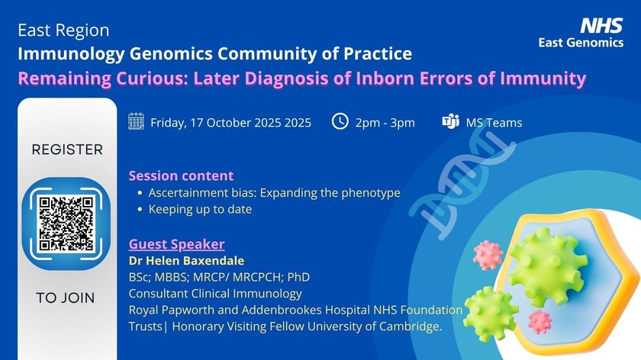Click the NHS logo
coord(601,25)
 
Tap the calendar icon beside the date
coord(136,121)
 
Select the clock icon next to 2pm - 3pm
coord(340,121)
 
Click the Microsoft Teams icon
coord(450,121)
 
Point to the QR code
coord(66,223)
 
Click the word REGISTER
coord(67,149)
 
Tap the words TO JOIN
coord(66,298)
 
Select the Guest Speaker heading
coord(176,244)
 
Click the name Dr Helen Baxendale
coord(186,261)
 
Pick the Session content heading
coord(181,175)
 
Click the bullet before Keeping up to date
coord(140,209)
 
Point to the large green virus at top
coord(548,266)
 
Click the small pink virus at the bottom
coord(540,322)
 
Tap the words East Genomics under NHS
coord(581,43)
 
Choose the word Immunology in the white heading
coord(71,54)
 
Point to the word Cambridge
coord(411,326)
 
